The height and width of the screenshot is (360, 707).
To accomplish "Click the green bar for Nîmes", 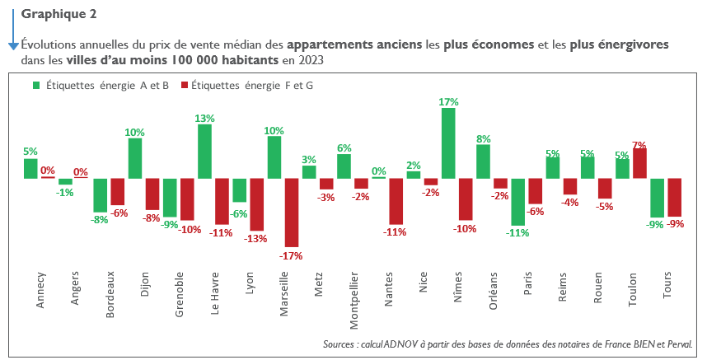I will tap(448, 143).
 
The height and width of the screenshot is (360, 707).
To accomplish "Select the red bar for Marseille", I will tap(292, 213).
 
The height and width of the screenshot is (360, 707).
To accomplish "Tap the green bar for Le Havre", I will tap(204, 152).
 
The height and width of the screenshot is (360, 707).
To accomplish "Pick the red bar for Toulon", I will tap(639, 163).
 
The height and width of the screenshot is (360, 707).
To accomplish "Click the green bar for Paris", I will tap(518, 202).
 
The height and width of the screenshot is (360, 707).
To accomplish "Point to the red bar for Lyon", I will tap(257, 204).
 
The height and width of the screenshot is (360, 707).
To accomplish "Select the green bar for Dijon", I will tap(135, 158).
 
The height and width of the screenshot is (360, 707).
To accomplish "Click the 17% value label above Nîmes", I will tap(448, 102).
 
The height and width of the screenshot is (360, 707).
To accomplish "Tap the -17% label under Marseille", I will tap(291, 255).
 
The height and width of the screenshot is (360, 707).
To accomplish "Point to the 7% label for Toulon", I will tap(639, 145).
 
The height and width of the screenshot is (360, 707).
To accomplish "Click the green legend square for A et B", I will tap(36, 85).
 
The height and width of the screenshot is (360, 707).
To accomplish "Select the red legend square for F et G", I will tap(185, 85).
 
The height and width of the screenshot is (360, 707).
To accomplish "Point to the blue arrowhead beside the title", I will tap(13, 46).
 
